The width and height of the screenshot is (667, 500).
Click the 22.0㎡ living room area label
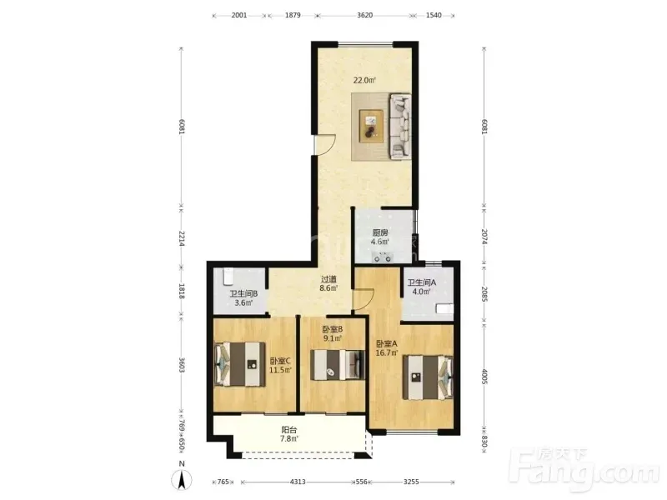click(364, 80)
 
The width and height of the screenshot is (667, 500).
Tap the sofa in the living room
click(400, 127)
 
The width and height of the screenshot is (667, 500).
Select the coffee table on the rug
click(371, 127)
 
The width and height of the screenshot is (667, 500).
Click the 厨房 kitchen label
click(380, 232)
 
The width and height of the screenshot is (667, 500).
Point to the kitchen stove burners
click(383, 257)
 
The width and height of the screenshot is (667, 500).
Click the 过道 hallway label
click(328, 279)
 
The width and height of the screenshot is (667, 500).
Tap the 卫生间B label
click(243, 294)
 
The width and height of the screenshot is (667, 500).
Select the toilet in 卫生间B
click(228, 276)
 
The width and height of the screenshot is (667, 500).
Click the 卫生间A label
click(422, 282)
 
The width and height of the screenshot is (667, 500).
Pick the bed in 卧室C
click(240, 364)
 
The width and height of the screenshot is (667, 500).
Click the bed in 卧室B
click(338, 365)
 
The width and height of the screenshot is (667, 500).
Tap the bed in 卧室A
click(428, 377)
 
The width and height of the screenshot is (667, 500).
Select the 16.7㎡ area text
click(387, 352)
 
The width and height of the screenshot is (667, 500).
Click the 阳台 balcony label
click(288, 430)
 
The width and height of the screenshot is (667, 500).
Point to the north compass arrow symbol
click(182, 481)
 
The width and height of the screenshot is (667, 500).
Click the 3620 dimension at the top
click(364, 15)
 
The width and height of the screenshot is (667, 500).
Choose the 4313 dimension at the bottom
click(298, 482)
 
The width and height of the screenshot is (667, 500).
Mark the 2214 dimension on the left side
click(182, 238)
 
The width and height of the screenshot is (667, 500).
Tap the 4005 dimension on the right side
click(484, 377)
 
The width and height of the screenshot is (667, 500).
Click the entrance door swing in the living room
click(325, 144)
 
